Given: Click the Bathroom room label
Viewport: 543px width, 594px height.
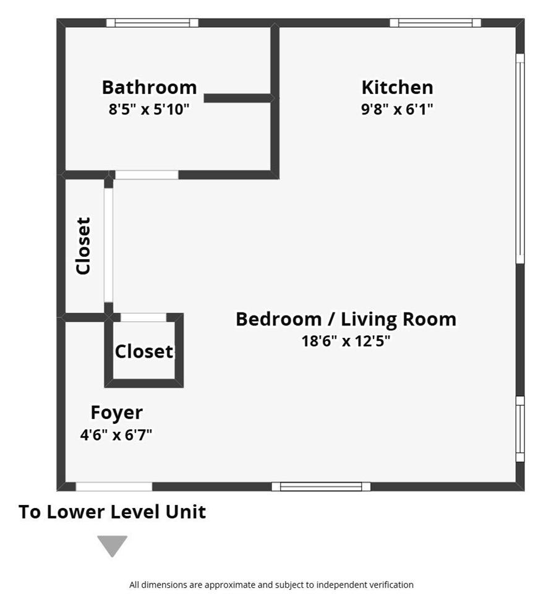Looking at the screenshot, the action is coord(149,87).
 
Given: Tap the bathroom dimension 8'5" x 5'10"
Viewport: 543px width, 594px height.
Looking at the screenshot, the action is coord(149,110).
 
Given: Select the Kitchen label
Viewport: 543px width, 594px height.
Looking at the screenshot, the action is coord(397,87).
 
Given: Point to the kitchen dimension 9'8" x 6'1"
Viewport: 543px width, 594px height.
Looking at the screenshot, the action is coord(397,110).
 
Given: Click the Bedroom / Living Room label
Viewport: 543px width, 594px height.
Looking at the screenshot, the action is coord(346,319).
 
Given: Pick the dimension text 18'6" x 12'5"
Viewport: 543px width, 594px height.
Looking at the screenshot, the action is coord(346,341).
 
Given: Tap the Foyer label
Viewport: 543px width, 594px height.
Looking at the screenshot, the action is coord(117,413).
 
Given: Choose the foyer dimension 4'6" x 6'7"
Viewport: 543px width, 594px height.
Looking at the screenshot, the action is coord(116,434).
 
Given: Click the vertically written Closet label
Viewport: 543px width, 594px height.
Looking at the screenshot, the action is coord(83,246).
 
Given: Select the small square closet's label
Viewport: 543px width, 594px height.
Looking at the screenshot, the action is coord(144,351).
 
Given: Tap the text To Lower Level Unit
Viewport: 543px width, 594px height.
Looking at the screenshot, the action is coord(112,512).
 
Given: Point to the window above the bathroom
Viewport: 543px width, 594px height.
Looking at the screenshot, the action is coord(152,23).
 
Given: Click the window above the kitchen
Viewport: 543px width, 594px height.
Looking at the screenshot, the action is coord(435,23).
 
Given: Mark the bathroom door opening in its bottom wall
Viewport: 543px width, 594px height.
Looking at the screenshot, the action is coord(147,174).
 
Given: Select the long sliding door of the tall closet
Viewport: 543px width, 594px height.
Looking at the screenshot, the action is coord(108,245).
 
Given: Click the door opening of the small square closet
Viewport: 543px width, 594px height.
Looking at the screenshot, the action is coord(143,317).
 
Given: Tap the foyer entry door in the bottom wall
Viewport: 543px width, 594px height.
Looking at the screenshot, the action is coord(114,486).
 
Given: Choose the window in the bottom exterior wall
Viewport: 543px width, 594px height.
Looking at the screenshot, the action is coord(321,486).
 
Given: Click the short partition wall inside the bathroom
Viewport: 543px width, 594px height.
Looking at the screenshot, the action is coord(237,98).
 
